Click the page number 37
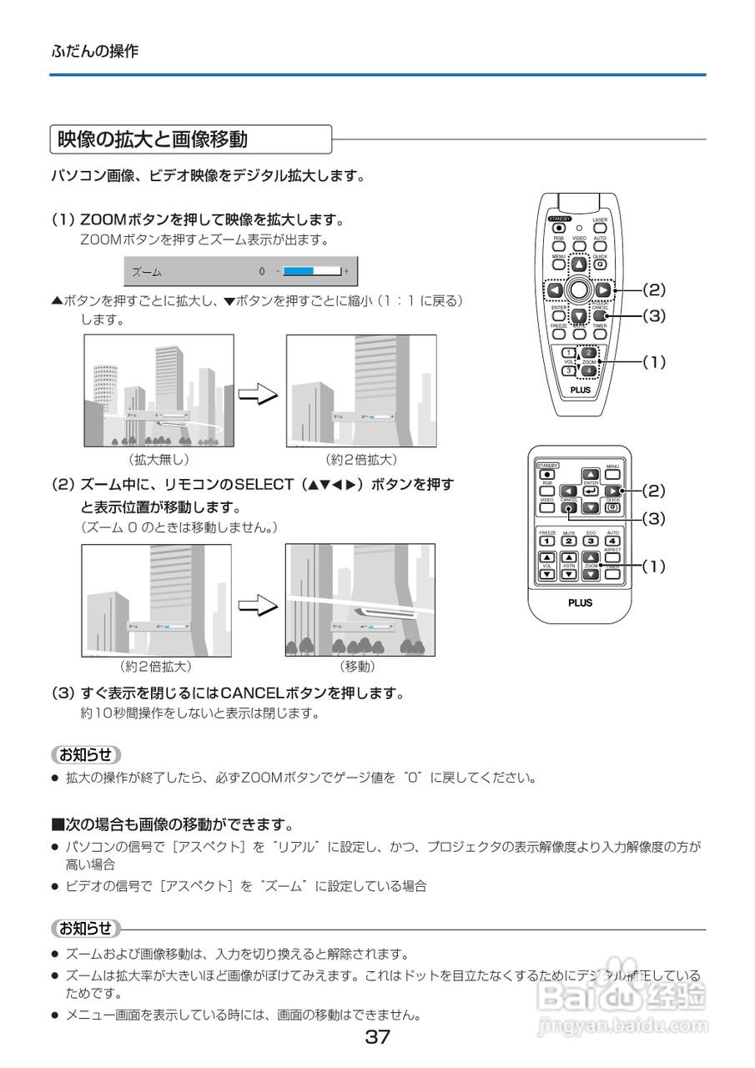click(377, 1038)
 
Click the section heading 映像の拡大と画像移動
click(152, 139)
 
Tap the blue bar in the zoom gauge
click(298, 271)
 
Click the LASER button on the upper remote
click(600, 227)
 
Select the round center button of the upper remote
click(578, 290)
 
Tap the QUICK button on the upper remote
click(600, 264)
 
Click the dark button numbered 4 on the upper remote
click(589, 370)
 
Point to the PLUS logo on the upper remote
click(580, 390)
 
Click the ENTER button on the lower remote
click(591, 491)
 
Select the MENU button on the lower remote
click(612, 475)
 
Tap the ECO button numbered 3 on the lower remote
click(591, 541)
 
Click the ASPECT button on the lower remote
click(612, 557)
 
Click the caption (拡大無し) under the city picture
click(159, 460)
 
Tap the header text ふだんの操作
click(94, 51)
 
